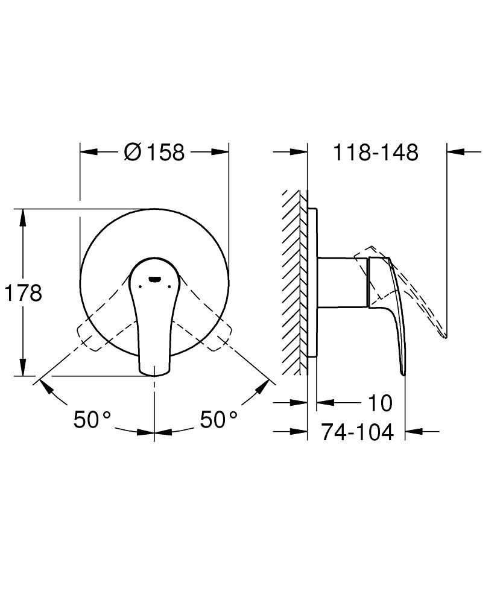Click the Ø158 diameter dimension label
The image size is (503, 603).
coord(154,153)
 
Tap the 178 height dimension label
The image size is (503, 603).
coord(23,293)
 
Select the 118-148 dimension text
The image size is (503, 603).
coord(375,153)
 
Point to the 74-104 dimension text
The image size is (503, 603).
coord(358,432)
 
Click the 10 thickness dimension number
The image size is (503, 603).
coord(381,403)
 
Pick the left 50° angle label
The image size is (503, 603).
coord(92,419)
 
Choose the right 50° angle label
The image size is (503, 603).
coord(218,419)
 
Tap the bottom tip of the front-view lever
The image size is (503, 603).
coord(154,375)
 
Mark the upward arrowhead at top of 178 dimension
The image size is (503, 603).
coord(23,218)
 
